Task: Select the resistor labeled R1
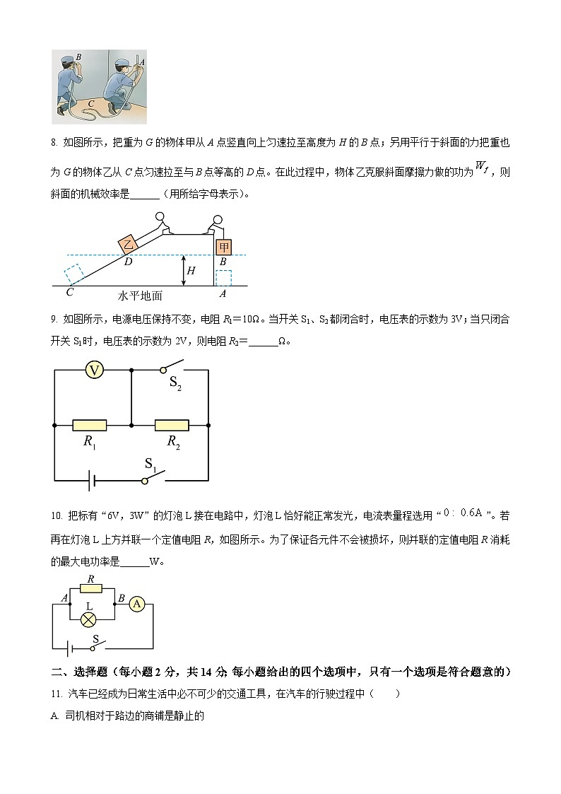tap(90, 425)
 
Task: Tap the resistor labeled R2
tap(172, 425)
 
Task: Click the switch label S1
tap(150, 464)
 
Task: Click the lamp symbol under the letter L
tap(90, 619)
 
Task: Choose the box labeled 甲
tap(223, 247)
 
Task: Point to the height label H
tap(190, 271)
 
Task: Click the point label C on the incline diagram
tap(69, 290)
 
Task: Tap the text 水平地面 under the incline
tap(140, 296)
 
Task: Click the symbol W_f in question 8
tap(482, 167)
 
